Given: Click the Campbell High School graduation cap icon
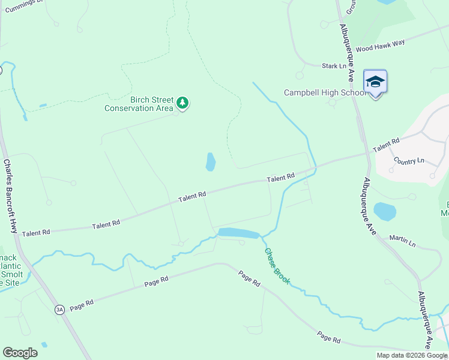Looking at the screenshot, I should pos(375,82).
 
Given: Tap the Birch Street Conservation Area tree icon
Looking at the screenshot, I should pos(182,104).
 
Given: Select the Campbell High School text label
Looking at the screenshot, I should pos(325,93).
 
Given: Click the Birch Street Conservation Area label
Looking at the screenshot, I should pos(139,104).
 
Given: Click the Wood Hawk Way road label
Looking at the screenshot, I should pos(380,46).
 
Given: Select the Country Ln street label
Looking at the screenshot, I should pos(409,161).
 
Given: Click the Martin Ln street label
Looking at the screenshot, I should pos(402,241).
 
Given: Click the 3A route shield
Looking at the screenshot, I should pos(59,310).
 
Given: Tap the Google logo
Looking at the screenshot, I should pos(20,353).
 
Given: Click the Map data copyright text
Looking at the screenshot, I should pos(412,355).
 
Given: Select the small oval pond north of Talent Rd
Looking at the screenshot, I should pos(211,161).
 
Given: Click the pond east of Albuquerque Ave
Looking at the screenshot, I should pos(385,211).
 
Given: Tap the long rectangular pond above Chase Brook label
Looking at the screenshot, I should pos(238,233).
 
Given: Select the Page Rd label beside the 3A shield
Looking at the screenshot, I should pos(82,304).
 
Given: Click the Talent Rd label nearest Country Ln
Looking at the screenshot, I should pos(386,145).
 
